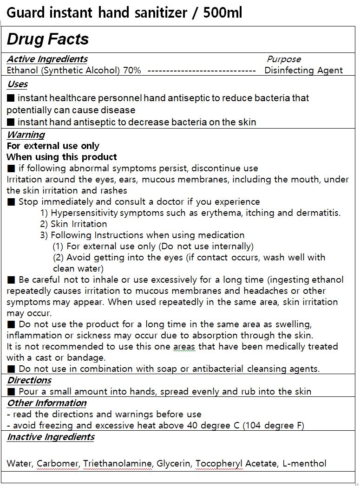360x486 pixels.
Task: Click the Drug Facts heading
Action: pos(47,39)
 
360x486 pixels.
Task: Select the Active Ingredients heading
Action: pos(47,59)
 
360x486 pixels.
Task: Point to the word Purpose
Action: pos(284,59)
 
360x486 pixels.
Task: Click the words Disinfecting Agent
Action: pos(303,71)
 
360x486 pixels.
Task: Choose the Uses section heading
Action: pos(17,84)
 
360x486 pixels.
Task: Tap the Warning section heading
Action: pos(26,135)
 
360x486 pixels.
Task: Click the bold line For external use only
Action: pos(53,146)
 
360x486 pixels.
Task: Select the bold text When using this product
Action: pos(62,157)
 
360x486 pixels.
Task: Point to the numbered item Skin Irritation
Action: pos(79,224)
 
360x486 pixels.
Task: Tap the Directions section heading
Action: pos(29,380)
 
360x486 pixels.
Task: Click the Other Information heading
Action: pos(47,403)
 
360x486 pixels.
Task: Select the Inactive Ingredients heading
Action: pos(51,437)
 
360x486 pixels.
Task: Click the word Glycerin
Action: pos(173,463)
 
